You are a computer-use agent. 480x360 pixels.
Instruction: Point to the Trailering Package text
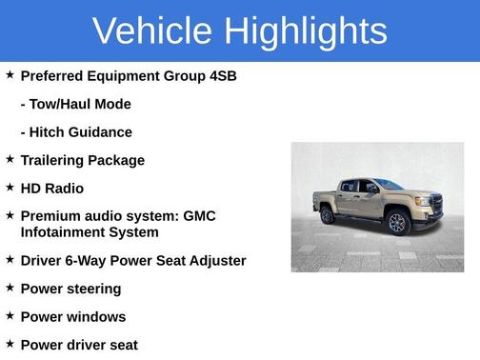tap(82, 160)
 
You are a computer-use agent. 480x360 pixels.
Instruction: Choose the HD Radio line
tap(51, 189)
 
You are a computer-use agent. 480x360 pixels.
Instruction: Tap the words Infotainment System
tap(90, 231)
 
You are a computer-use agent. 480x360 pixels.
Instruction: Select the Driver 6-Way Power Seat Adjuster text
tap(132, 260)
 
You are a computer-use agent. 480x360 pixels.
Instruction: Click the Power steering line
tap(70, 289)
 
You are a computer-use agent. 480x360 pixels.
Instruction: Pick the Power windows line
tap(72, 316)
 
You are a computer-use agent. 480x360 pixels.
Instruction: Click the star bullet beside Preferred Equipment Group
tap(10, 74)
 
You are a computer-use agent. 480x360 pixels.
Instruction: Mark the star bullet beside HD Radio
tap(10, 188)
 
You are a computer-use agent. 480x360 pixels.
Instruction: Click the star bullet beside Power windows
tap(10, 315)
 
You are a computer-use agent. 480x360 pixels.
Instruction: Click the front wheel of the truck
tap(397, 223)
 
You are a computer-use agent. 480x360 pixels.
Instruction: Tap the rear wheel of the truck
tap(329, 214)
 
